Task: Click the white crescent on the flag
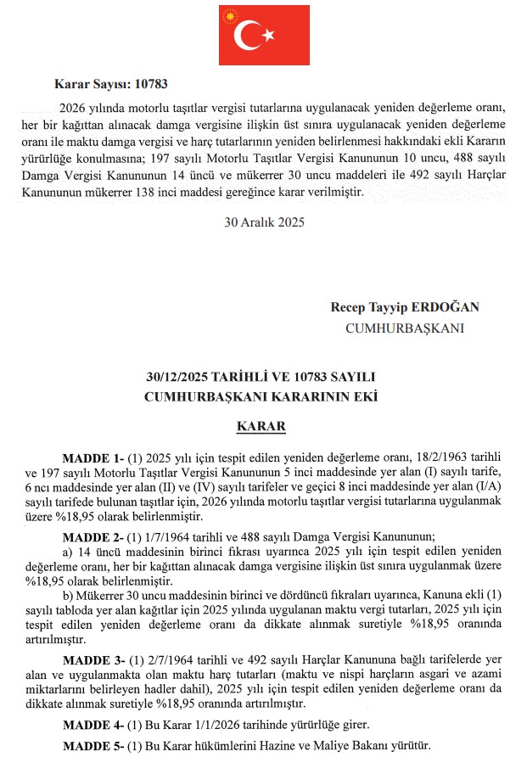coord(250,35)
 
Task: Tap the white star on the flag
coord(269,35)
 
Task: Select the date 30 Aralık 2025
coord(264,223)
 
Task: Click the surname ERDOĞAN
coord(433,306)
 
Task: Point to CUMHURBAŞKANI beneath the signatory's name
coord(405,327)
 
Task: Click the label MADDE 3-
coord(93,659)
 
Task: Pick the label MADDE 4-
coord(93,725)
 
